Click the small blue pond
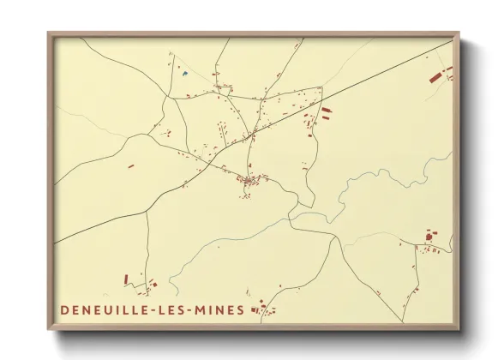pos(184,74)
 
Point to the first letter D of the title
pos(64,309)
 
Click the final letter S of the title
pos(240,309)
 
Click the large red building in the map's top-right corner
pos(435,78)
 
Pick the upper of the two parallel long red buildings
pos(326,110)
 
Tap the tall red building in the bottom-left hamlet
pos(126,279)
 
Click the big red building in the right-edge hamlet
pos(429,234)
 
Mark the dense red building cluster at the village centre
pos(250,180)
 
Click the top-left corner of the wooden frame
pos(49,34)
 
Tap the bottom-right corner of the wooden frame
pos(458,329)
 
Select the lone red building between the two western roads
pos(130,166)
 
